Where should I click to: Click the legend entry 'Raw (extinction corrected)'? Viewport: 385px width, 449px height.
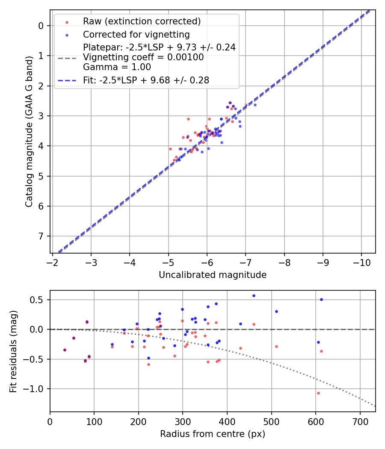pos(142,21)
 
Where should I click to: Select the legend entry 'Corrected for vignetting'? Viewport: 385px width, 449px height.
pos(136,34)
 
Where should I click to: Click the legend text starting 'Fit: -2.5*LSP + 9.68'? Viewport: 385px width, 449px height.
pos(146,80)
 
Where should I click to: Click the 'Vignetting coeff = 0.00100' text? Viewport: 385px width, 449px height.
pos(143,57)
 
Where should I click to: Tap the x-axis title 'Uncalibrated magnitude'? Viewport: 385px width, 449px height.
pos(213,275)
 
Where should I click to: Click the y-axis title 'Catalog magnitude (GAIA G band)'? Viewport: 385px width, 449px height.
pos(29,131)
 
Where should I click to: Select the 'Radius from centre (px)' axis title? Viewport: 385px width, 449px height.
pos(213,434)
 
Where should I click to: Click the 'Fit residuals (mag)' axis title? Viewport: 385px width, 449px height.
pos(13,351)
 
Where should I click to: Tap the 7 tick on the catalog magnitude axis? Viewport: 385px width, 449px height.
pos(41,236)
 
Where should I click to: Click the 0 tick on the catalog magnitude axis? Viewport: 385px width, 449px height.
pos(41,26)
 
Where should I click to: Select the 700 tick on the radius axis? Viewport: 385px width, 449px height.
pos(360,421)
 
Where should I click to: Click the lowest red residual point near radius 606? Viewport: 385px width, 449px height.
pos(318,393)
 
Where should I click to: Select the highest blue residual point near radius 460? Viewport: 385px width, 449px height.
pos(254,295)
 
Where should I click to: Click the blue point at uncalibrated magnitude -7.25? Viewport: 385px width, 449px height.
pos(255,105)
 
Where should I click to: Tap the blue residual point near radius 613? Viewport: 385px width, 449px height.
pos(321,299)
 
